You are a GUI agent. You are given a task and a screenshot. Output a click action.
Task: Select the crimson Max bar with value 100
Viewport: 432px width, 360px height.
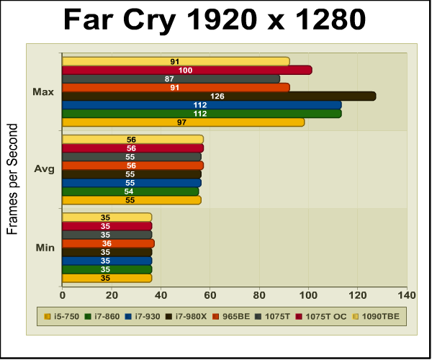tap(186, 70)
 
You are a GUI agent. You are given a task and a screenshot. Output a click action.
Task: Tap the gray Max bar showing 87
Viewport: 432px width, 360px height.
tap(171, 78)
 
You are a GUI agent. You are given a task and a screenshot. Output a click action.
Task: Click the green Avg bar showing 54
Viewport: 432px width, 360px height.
tap(130, 192)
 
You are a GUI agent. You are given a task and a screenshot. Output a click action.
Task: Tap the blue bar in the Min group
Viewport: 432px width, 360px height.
tap(107, 261)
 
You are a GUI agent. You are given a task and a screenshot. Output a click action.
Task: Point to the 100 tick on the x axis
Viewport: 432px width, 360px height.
tap(309, 294)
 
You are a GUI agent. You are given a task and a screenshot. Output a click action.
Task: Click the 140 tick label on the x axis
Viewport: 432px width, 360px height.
tap(407, 294)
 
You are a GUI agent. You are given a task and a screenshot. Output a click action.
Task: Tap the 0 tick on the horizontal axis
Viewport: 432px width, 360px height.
tap(63, 294)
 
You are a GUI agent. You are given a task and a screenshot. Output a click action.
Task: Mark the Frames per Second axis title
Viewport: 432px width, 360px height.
tap(12, 179)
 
